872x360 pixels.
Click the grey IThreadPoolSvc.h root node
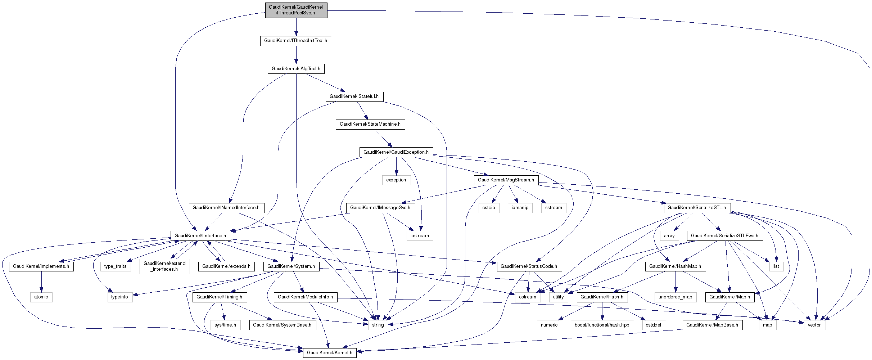[296, 10]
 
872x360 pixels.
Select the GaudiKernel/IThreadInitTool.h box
[296, 41]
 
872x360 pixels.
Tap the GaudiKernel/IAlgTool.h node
[296, 69]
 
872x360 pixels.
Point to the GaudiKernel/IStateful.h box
[354, 96]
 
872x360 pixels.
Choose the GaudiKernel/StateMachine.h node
[370, 124]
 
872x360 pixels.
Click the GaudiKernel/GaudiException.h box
[396, 152]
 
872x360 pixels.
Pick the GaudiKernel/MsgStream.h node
[506, 180]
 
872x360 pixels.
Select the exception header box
[396, 180]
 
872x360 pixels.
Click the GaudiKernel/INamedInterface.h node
[226, 208]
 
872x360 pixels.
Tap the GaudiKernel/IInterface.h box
[200, 236]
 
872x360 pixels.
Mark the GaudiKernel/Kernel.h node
[330, 353]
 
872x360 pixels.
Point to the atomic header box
[41, 297]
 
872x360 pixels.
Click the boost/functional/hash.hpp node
[602, 325]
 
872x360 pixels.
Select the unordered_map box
[675, 297]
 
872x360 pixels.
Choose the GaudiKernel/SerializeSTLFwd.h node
[724, 236]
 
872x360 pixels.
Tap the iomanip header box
[520, 208]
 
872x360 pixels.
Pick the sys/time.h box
[225, 325]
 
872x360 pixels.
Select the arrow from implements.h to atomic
[41, 282]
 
